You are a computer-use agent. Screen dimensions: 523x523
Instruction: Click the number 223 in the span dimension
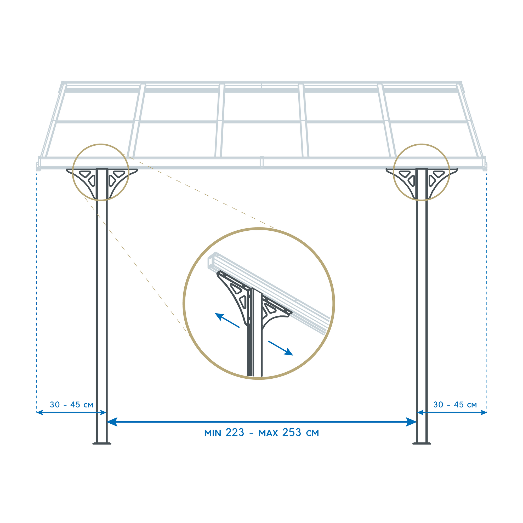235,433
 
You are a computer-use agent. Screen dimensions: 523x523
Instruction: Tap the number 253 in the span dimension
292,433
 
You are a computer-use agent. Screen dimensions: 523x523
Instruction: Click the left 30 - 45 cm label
71,405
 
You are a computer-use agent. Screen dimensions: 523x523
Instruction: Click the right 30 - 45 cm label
455,405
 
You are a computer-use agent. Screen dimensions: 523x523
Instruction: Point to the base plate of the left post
102,444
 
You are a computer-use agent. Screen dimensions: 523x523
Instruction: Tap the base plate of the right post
422,444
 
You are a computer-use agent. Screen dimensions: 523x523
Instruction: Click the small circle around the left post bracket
101,144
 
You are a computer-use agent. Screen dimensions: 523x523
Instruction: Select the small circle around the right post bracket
422,144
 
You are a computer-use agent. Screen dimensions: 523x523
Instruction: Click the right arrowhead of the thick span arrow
411,422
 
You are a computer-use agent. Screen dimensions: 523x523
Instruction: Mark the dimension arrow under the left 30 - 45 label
71,413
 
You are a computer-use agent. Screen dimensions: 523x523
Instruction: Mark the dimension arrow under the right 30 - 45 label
452,413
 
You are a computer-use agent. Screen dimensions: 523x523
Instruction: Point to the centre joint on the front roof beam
261,162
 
